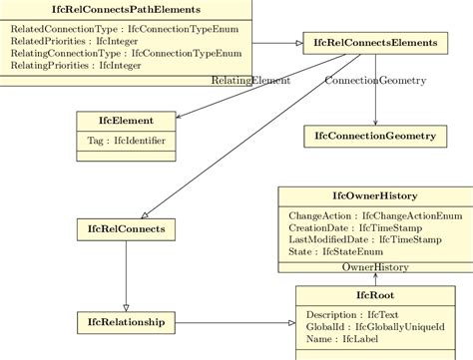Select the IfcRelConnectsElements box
tap(375, 43)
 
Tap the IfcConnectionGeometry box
tap(374, 135)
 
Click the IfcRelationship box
tap(126, 321)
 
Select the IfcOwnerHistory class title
tap(375, 196)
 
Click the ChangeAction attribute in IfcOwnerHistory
tap(375, 215)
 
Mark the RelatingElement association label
tap(250, 80)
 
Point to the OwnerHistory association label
tap(375, 267)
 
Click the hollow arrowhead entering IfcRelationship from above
tap(126, 306)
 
